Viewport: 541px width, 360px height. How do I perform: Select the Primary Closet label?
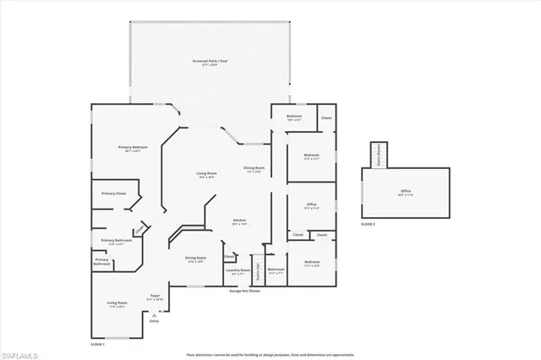114,194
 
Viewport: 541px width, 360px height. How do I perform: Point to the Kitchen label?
240,222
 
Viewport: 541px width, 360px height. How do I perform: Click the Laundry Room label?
238,272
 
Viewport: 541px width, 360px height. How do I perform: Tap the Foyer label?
154,297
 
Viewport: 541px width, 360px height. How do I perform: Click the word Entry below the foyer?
154,321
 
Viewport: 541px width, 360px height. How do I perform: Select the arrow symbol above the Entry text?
154,313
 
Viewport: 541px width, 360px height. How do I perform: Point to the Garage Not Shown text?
244,291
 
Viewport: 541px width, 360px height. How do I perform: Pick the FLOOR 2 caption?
367,225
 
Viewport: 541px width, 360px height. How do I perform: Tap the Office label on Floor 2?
406,193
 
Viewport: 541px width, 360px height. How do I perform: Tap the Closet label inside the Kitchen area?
229,257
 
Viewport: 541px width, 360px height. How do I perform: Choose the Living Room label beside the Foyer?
117,304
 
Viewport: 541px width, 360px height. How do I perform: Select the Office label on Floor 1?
311,206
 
